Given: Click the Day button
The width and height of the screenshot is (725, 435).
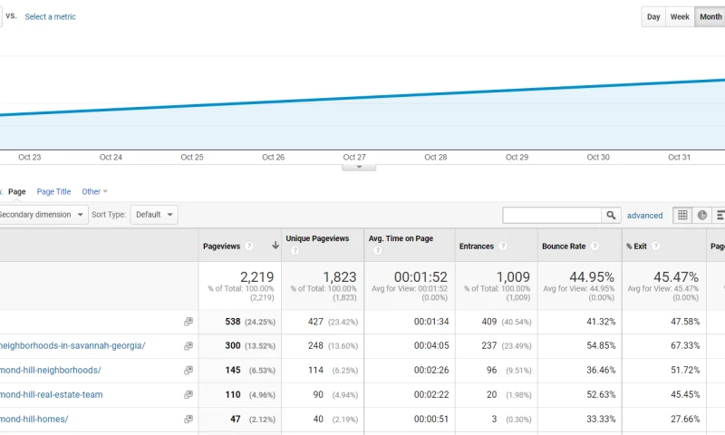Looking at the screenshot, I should (653, 17).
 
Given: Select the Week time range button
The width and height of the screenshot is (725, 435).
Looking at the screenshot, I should (680, 17).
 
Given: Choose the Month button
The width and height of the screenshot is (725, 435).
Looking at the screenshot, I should (710, 17).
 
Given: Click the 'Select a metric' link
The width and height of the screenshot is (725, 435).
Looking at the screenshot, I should (50, 17).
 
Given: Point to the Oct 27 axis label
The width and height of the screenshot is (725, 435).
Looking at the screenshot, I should (354, 158).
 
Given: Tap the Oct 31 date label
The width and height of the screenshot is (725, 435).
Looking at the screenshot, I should (679, 158).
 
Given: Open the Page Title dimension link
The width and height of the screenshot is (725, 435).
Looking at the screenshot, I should (53, 192).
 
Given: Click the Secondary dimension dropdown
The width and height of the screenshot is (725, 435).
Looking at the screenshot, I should (43, 215).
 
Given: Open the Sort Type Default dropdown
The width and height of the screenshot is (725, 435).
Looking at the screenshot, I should (154, 215).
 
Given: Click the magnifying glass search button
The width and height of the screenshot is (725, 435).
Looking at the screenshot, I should (612, 216).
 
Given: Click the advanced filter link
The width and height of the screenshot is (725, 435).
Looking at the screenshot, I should (644, 216).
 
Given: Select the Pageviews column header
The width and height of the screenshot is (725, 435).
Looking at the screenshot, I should (222, 246).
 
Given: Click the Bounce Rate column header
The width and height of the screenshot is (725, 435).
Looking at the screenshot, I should (565, 246).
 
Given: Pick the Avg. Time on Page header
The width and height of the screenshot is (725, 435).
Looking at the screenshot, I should (401, 239).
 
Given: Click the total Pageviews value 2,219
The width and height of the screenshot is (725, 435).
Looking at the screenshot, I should (256, 276).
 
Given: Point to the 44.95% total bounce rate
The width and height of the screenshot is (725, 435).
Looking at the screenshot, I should (592, 276).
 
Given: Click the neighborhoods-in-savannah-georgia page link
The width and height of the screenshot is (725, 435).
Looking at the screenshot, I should (72, 346).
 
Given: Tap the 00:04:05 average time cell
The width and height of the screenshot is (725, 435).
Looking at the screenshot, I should (432, 346).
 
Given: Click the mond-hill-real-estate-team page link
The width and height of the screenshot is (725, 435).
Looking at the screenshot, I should (52, 395).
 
